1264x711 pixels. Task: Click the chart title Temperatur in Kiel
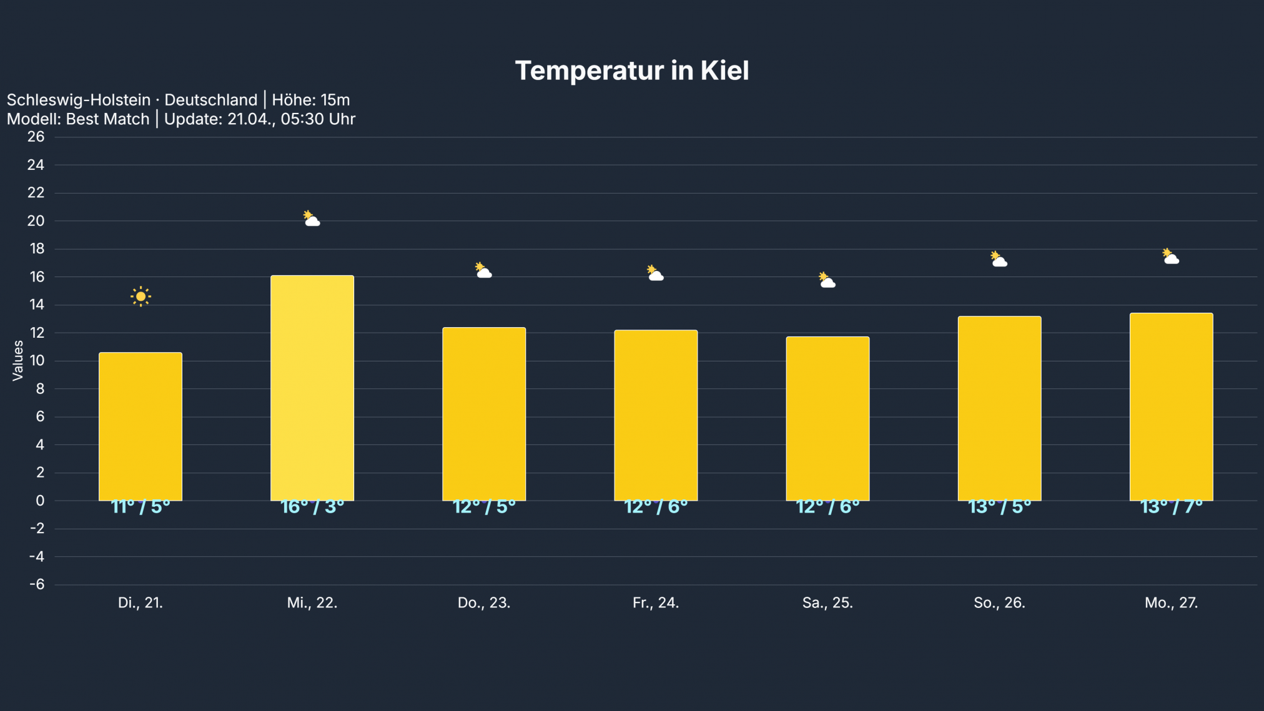631,71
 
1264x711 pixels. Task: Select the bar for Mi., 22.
312,388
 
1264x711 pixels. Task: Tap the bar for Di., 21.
141,426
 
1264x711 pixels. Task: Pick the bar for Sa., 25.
827,418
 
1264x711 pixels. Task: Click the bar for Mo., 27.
1171,406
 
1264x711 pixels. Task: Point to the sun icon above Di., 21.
141,297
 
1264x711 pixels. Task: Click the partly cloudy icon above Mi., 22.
312,218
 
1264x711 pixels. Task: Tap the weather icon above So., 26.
999,259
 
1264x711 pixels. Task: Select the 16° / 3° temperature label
312,507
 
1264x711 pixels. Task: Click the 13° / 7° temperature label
1171,507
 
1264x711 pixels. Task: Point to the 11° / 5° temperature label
141,507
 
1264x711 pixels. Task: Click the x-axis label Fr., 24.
656,603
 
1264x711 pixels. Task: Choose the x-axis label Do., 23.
484,603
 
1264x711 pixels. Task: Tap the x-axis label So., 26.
999,603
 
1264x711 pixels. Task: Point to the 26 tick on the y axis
36,137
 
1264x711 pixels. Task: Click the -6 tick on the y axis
37,584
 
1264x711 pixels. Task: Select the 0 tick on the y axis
40,501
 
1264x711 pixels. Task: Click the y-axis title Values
17,360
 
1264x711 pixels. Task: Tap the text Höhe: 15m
310,100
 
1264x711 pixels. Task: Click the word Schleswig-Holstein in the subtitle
79,100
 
